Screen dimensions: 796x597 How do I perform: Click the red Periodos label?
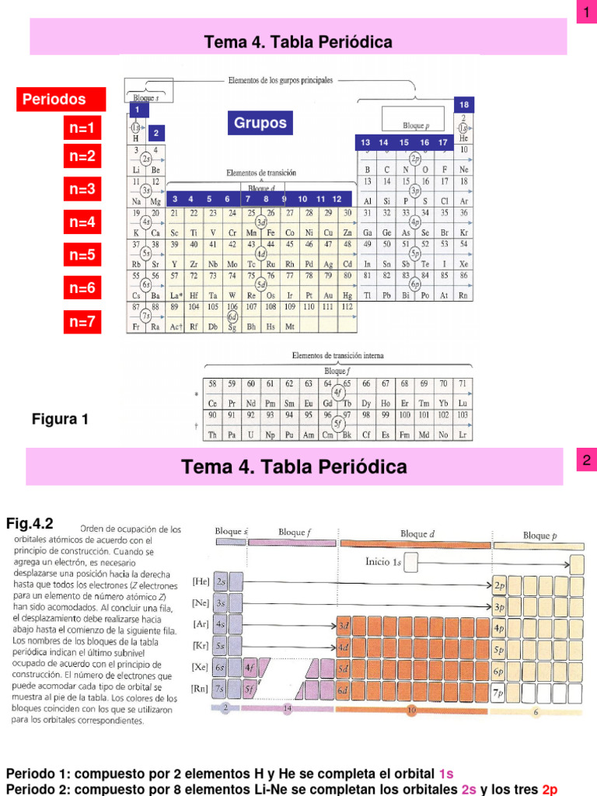[x=54, y=99]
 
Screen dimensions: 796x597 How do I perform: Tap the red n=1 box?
[x=82, y=128]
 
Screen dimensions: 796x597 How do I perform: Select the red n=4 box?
[x=82, y=222]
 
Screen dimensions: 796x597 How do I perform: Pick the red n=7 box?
[x=82, y=321]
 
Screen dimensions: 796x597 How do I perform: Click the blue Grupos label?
[x=260, y=123]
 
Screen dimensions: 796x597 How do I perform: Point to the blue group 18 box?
[x=464, y=104]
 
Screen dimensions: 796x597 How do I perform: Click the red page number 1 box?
[x=585, y=12]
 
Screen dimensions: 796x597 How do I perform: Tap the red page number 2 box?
[x=585, y=461]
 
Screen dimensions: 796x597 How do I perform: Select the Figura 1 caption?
[x=60, y=420]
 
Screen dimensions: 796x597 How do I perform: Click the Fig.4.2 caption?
[x=30, y=523]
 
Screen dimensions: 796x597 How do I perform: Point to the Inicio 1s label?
[x=384, y=561]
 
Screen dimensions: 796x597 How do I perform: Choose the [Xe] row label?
[x=200, y=666]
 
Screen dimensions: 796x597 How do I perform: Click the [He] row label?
[x=201, y=581]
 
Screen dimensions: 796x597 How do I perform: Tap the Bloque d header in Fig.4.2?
[x=414, y=534]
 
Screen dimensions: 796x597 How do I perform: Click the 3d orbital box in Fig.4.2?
[x=344, y=625]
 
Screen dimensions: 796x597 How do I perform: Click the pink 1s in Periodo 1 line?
[x=446, y=773]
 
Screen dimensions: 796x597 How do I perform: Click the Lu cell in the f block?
[x=463, y=403]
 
